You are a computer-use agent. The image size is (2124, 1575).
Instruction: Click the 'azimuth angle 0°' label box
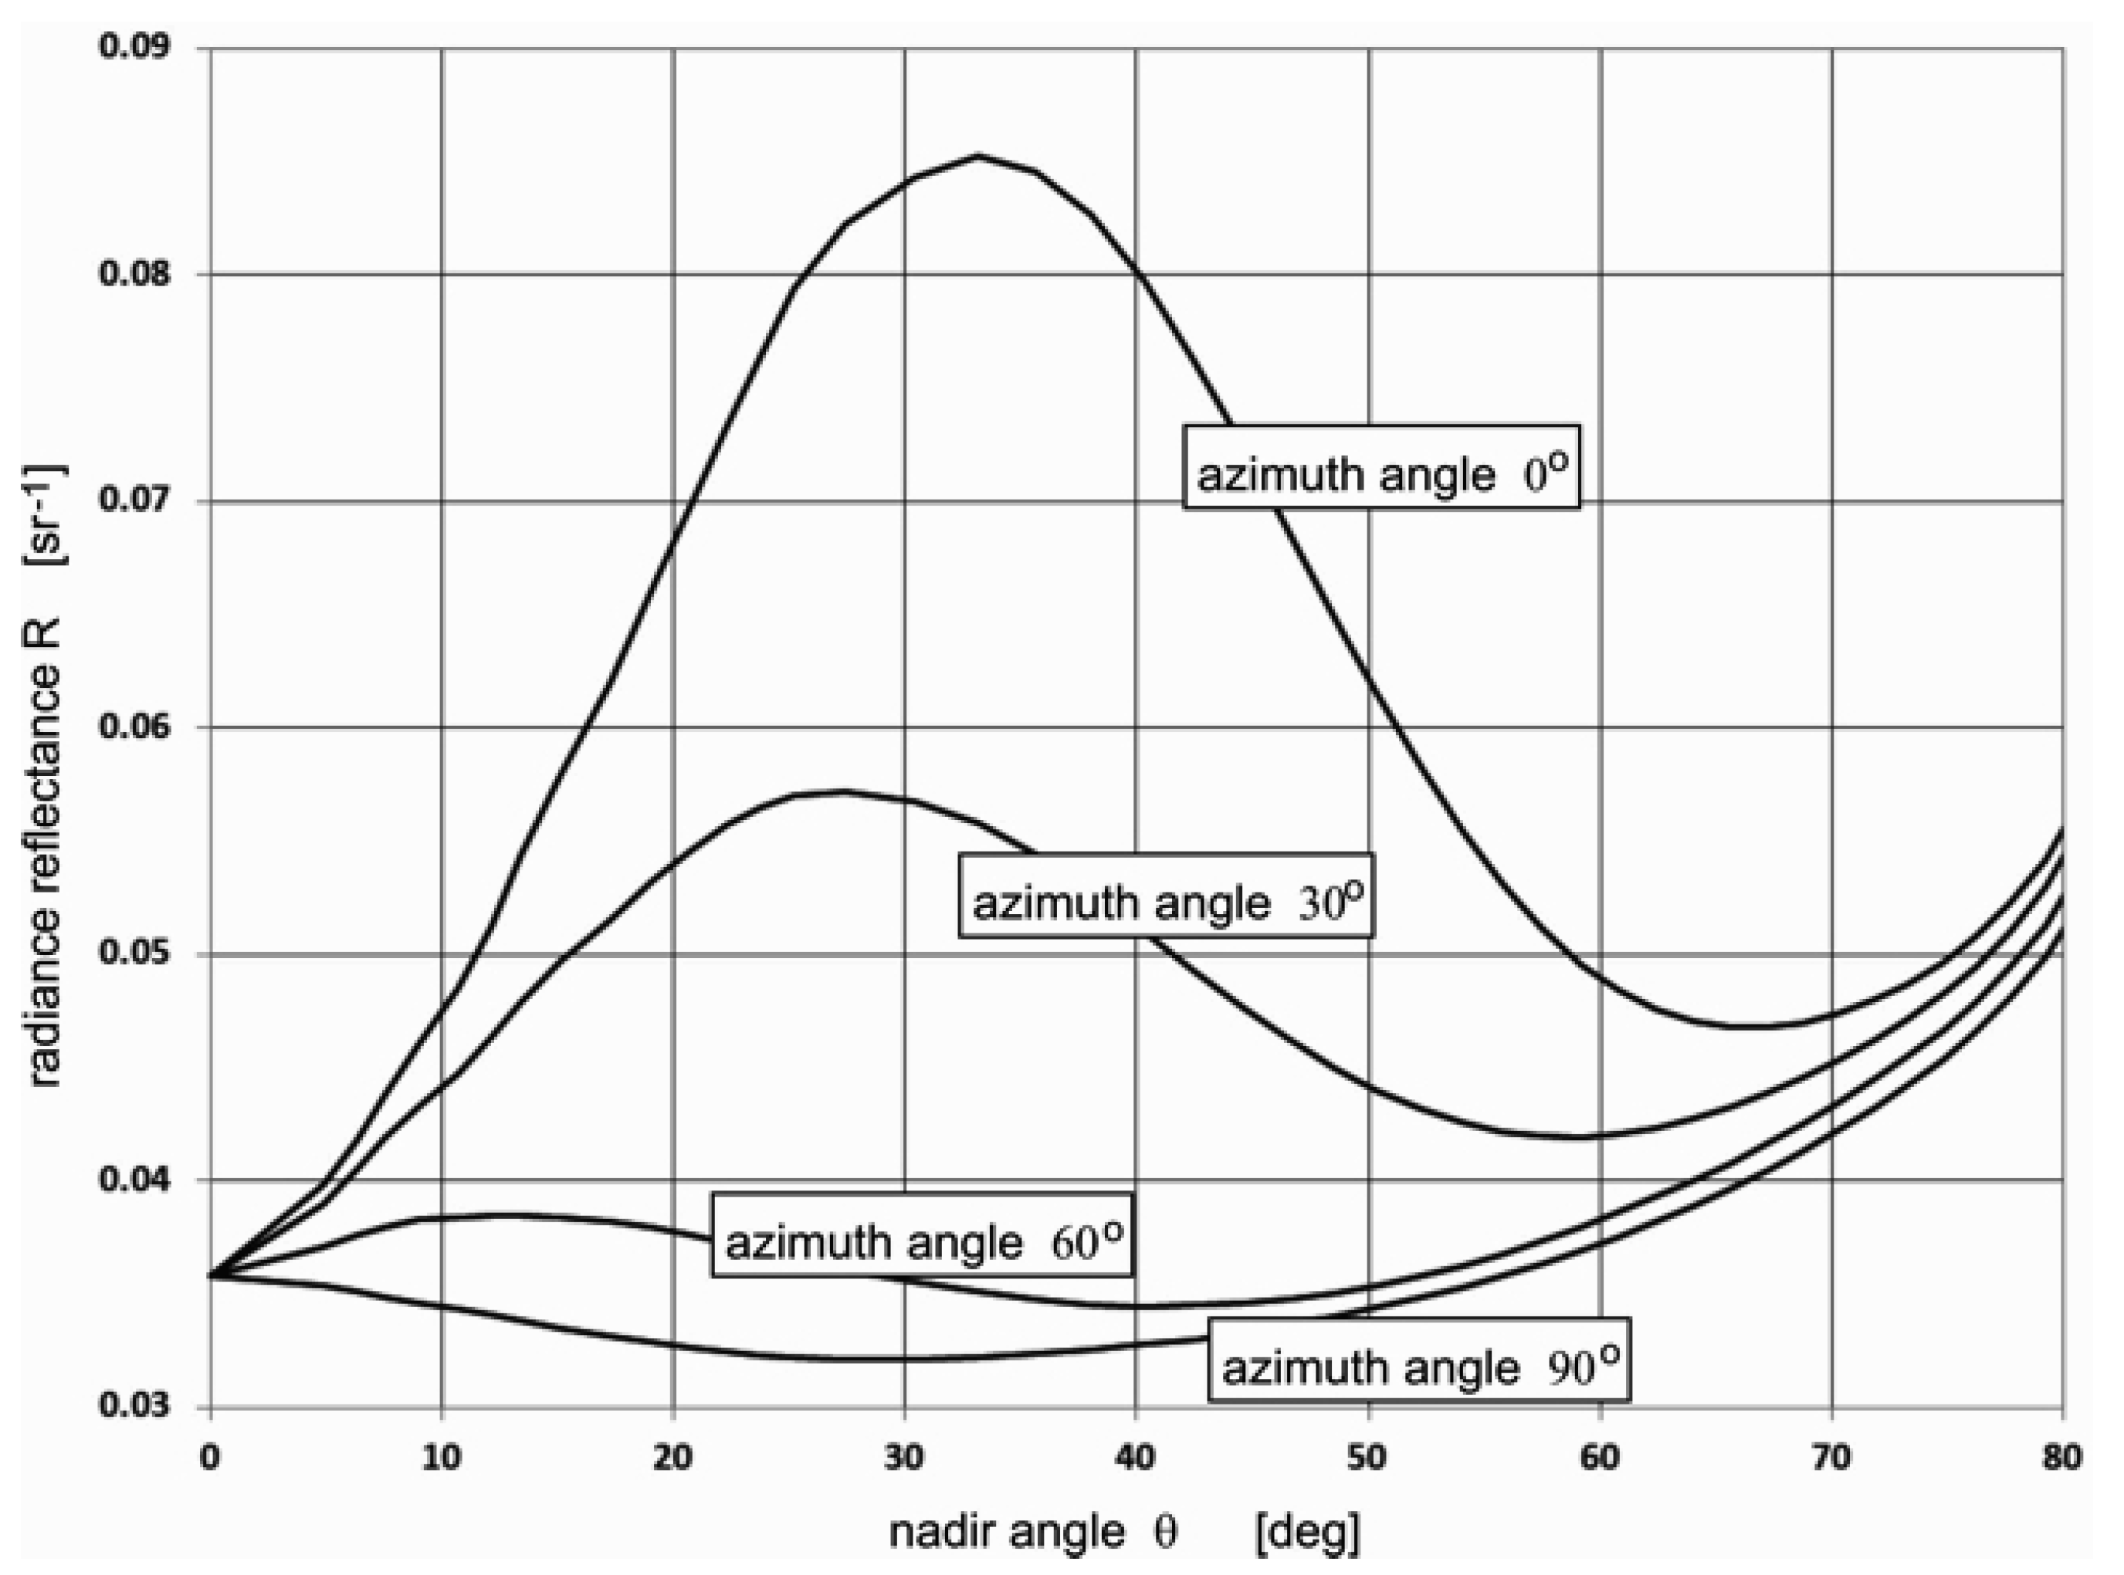[1381, 467]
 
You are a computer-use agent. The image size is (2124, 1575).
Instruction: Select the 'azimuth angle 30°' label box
[1166, 896]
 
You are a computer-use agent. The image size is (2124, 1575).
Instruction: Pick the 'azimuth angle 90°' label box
[1418, 1360]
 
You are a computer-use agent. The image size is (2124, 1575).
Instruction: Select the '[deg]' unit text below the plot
[1308, 1531]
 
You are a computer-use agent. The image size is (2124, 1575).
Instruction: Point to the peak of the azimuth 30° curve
[843, 791]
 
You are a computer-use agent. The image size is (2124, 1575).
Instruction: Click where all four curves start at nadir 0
[211, 1275]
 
